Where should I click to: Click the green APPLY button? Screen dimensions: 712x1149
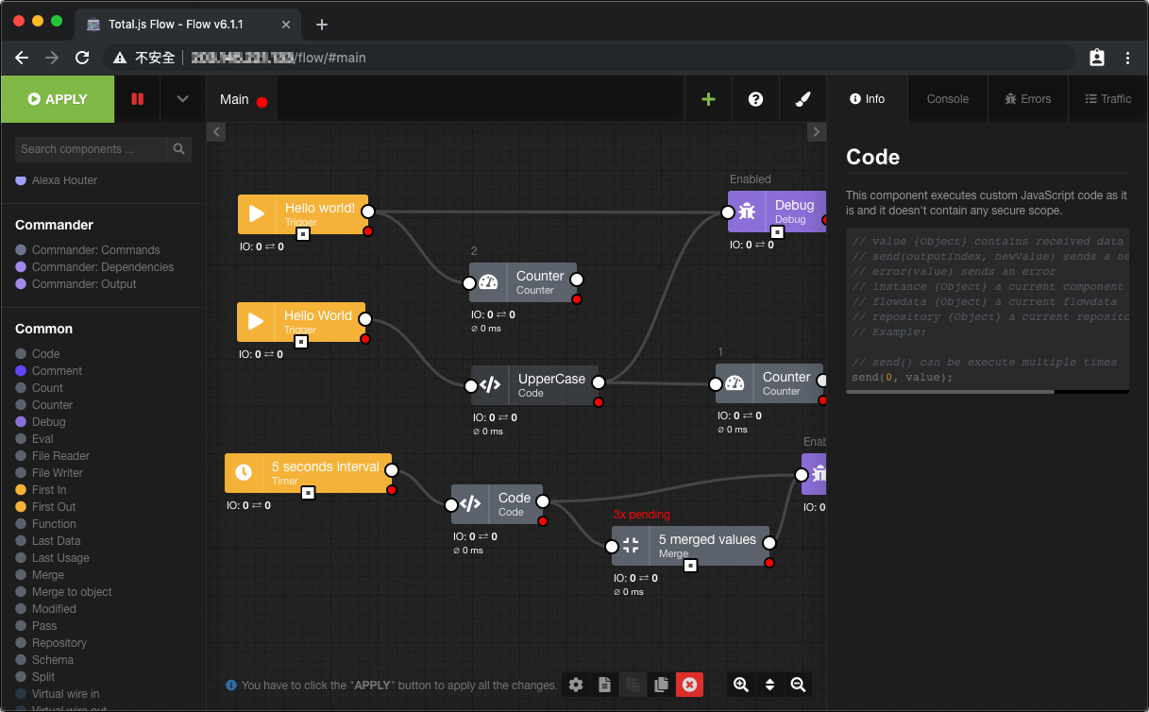[58, 99]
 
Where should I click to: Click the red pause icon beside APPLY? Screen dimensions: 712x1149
[138, 99]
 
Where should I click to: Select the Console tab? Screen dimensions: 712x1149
[947, 99]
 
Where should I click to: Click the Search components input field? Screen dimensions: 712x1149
[91, 149]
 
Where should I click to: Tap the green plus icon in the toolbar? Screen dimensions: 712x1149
[708, 99]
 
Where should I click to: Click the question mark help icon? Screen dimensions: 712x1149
[755, 99]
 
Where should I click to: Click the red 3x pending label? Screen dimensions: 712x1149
[641, 515]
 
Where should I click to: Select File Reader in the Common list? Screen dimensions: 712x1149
[60, 456]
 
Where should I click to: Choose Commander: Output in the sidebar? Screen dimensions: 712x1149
[84, 284]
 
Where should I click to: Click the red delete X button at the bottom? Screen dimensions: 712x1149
[689, 685]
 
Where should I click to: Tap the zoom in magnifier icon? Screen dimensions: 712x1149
[741, 685]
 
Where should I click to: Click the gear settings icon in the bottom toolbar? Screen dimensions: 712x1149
[576, 685]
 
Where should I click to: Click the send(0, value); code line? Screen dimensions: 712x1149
[902, 378]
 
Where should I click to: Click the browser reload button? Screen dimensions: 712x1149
[82, 58]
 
